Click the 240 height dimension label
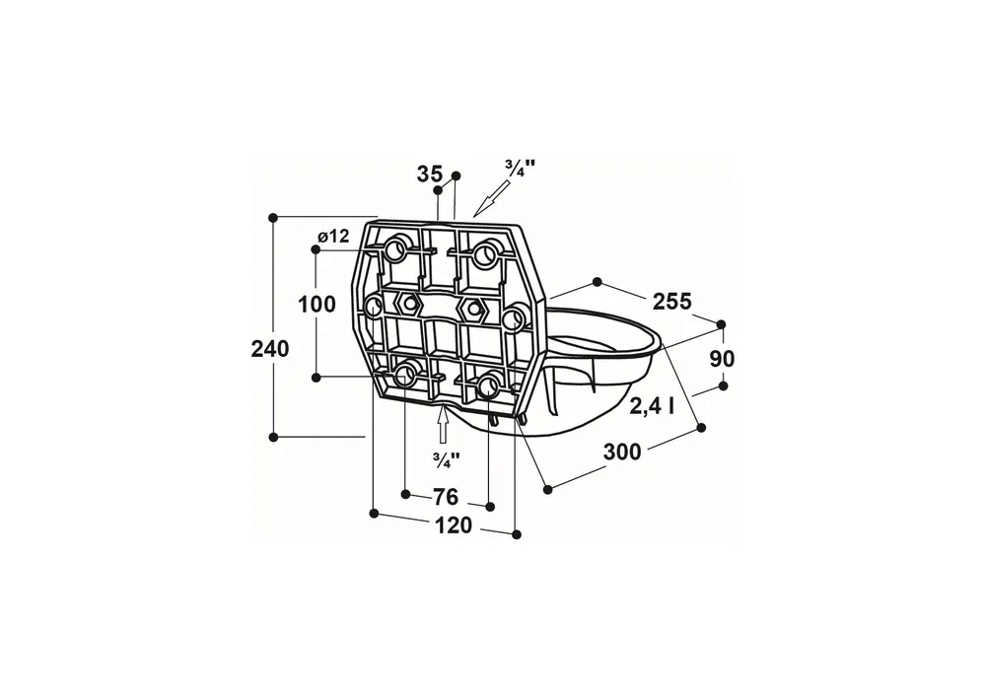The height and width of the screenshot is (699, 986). [x=270, y=348]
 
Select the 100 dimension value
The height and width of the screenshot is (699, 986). [x=317, y=305]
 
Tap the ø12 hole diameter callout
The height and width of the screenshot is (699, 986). [x=333, y=237]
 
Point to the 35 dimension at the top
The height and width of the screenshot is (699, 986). [x=430, y=175]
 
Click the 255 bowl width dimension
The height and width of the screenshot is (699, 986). [x=672, y=302]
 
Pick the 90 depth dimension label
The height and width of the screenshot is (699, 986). [x=722, y=359]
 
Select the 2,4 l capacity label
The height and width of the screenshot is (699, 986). [x=652, y=407]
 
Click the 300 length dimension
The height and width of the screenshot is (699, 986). [x=622, y=452]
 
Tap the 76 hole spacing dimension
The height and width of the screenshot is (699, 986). [x=446, y=497]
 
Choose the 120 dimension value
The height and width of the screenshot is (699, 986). [x=454, y=525]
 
